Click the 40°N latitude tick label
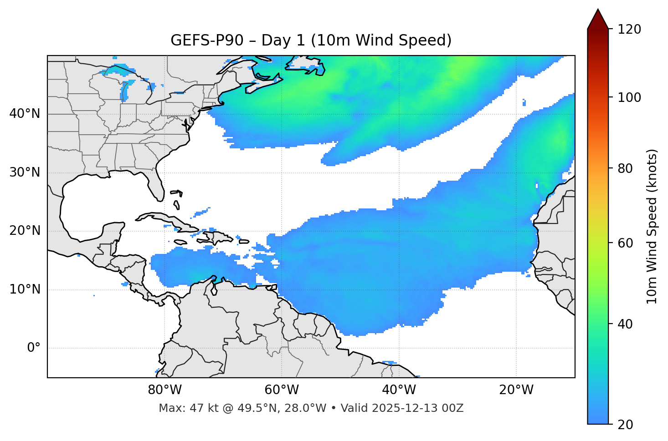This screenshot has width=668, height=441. pyautogui.click(x=25, y=114)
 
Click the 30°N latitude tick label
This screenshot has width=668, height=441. pyautogui.click(x=25, y=172)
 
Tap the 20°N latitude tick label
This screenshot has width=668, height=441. pyautogui.click(x=25, y=231)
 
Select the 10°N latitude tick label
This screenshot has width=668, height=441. pyautogui.click(x=25, y=289)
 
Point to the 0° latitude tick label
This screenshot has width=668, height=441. pyautogui.click(x=33, y=348)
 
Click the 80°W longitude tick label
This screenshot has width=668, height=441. pyautogui.click(x=164, y=390)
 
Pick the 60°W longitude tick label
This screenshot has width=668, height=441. pyautogui.click(x=282, y=390)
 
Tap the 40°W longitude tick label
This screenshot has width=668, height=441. pyautogui.click(x=399, y=390)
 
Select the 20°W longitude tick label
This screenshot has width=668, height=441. pyautogui.click(x=516, y=390)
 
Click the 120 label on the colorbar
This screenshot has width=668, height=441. pyautogui.click(x=629, y=30)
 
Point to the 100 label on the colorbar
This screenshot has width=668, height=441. pyautogui.click(x=629, y=97)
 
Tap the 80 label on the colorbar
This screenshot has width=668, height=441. pyautogui.click(x=625, y=168)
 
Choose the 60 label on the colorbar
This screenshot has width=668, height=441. pyautogui.click(x=625, y=243)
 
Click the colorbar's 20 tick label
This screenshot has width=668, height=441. pyautogui.click(x=625, y=425)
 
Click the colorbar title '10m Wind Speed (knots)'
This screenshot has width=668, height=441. pyautogui.click(x=652, y=226)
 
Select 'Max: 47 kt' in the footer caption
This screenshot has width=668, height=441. pyautogui.click(x=181, y=408)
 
